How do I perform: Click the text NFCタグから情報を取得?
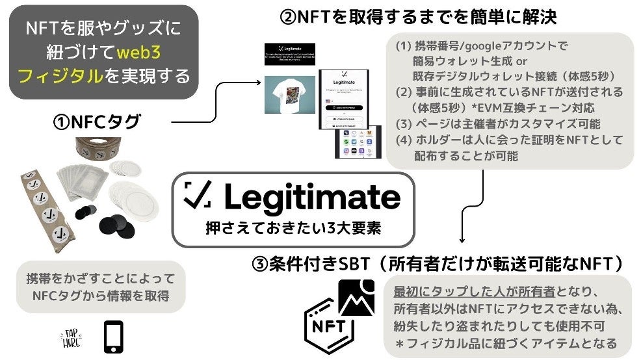point(100,297)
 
